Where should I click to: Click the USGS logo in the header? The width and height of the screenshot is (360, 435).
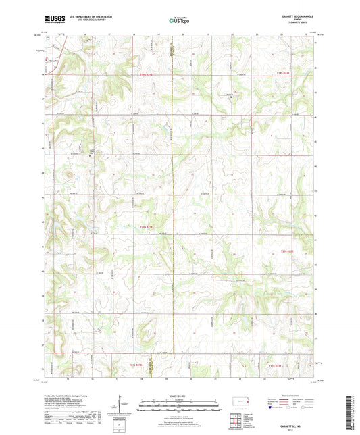(51, 20)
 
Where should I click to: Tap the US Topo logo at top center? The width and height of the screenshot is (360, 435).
(179, 20)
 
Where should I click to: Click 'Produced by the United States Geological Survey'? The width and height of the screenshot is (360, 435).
(72, 395)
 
